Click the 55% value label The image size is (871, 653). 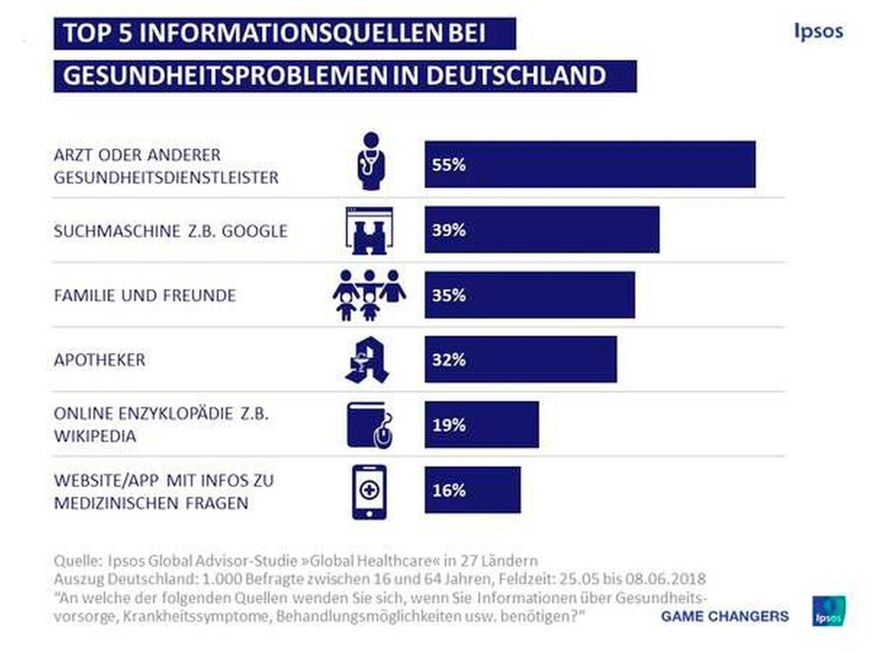448,165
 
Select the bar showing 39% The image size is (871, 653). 542,230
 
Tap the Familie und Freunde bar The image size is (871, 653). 529,295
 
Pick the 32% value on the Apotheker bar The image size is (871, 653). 448,360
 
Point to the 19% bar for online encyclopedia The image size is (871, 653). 481,424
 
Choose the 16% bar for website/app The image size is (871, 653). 472,490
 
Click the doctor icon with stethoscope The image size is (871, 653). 368,162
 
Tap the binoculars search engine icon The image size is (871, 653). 368,230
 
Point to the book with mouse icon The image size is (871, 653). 370,425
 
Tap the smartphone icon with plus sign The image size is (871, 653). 368,491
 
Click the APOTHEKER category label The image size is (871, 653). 100,360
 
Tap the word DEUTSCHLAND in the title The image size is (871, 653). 515,75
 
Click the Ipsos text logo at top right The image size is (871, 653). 817,31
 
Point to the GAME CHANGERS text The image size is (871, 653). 725,616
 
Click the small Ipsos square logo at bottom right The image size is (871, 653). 827,610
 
